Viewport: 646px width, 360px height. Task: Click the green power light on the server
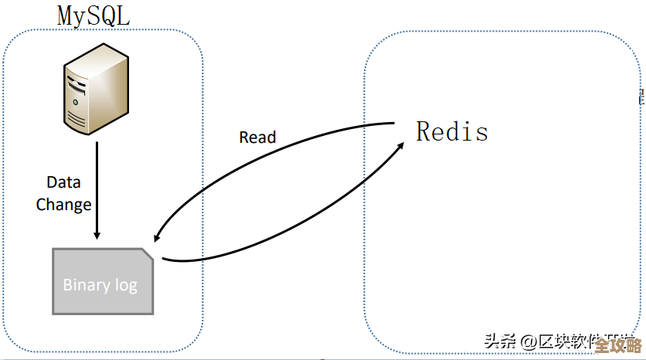coord(75,102)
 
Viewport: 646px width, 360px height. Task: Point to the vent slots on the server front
coord(76,117)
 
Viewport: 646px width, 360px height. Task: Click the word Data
coord(63,183)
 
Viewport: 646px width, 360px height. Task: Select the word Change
coord(63,205)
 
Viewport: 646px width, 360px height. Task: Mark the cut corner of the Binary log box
coord(147,254)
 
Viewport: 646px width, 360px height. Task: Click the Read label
coord(257,138)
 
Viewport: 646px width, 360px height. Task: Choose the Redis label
coord(452,131)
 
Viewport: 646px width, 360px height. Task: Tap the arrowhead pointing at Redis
coord(401,145)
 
